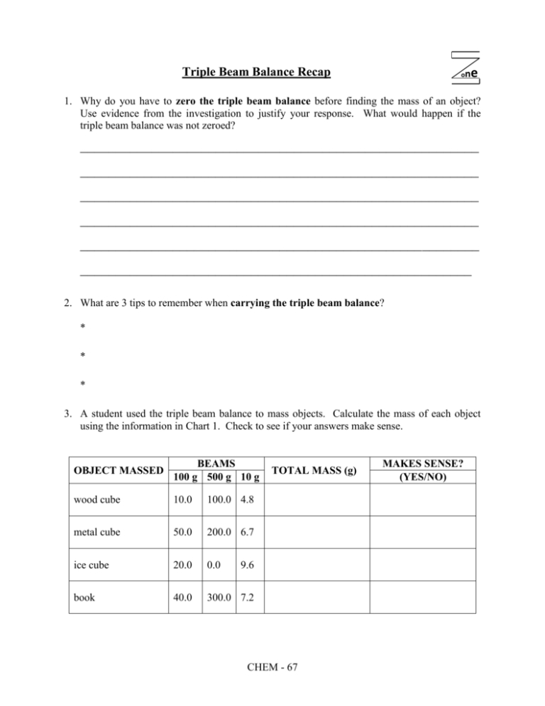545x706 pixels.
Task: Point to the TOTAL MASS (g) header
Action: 307,469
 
